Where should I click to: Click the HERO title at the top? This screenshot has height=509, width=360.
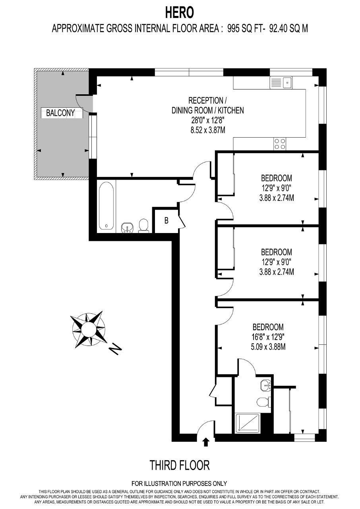[179, 13]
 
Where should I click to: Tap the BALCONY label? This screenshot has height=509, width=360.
[60, 113]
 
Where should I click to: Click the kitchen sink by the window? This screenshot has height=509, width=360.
[281, 83]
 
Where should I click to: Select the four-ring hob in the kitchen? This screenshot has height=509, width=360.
[280, 144]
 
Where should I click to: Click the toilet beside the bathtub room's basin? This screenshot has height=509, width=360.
[143, 225]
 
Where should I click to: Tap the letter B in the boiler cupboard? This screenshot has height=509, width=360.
[166, 220]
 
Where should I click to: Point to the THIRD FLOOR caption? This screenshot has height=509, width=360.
[180, 465]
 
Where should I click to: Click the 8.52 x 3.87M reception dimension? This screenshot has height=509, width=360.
[208, 130]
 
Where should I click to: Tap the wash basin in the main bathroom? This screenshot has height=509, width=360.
[127, 228]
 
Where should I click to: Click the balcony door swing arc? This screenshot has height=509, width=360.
[80, 105]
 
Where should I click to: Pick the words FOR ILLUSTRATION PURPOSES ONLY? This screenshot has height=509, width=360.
[179, 483]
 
